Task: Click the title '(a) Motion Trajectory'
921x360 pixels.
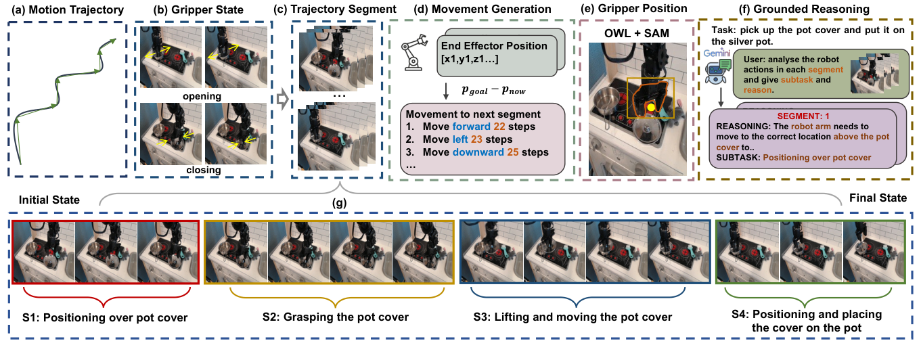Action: point(68,10)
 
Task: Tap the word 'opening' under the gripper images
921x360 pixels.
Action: point(202,96)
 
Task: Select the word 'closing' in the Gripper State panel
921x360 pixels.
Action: point(204,170)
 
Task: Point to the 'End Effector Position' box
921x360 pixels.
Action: point(497,55)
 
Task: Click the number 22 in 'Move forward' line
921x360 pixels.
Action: point(499,127)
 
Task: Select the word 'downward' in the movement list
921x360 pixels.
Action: point(478,152)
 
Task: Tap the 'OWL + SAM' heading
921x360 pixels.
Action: point(637,33)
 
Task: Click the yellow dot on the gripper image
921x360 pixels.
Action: point(651,108)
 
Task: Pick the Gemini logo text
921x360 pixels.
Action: point(717,53)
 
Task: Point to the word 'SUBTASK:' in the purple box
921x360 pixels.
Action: point(738,158)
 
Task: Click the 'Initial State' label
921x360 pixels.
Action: point(49,200)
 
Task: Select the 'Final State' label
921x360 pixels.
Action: point(878,198)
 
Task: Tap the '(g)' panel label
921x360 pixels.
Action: point(339,202)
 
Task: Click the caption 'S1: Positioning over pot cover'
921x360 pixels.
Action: point(105,317)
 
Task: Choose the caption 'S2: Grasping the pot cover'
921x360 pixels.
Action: point(336,317)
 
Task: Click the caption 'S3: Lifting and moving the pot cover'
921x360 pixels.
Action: point(572,317)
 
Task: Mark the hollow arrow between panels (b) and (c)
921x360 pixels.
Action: point(282,99)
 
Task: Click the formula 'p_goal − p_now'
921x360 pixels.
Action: point(493,91)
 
